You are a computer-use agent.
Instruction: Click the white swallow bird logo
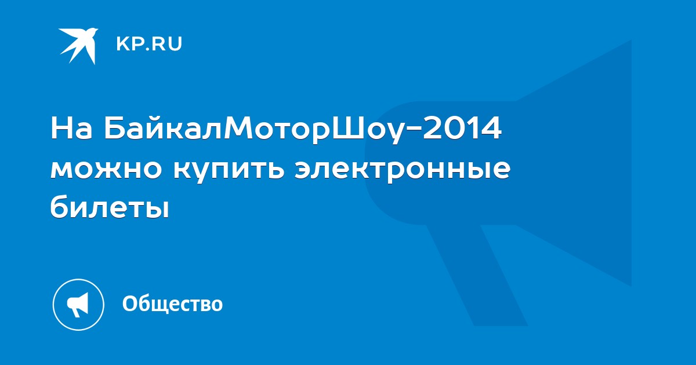79,46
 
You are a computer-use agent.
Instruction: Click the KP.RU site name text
149,44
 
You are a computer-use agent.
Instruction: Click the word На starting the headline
71,127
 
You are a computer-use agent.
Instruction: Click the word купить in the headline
229,171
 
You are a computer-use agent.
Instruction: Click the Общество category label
172,304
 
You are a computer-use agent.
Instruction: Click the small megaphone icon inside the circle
78,305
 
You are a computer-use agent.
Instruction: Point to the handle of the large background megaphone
477,275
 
